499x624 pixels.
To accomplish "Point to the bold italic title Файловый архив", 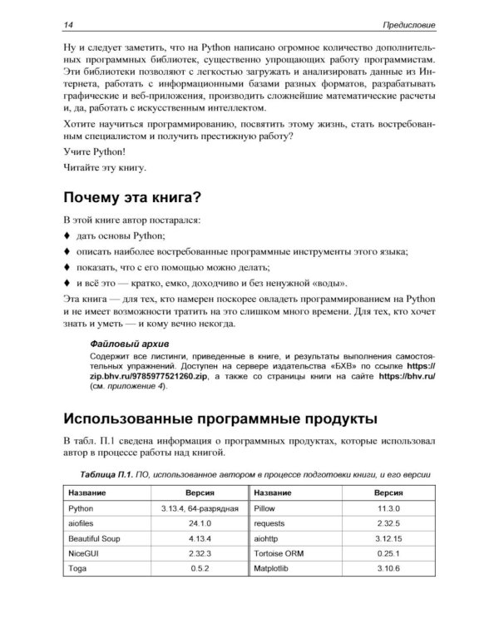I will point(128,343).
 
